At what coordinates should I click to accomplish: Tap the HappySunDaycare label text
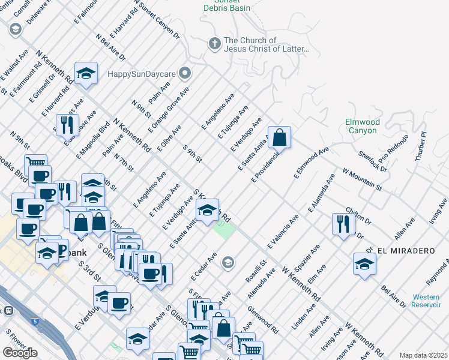[x=142, y=74]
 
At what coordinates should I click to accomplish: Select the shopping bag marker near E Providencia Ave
[x=280, y=138]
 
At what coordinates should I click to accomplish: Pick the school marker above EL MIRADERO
[x=364, y=264]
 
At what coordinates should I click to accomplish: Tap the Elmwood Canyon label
[x=362, y=126]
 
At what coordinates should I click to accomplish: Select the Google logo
[x=20, y=353]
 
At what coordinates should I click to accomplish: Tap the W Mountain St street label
[x=362, y=179]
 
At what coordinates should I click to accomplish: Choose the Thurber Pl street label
[x=421, y=147]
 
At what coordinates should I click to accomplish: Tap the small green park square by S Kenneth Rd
[x=224, y=230]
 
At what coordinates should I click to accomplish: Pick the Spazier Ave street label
[x=310, y=257]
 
